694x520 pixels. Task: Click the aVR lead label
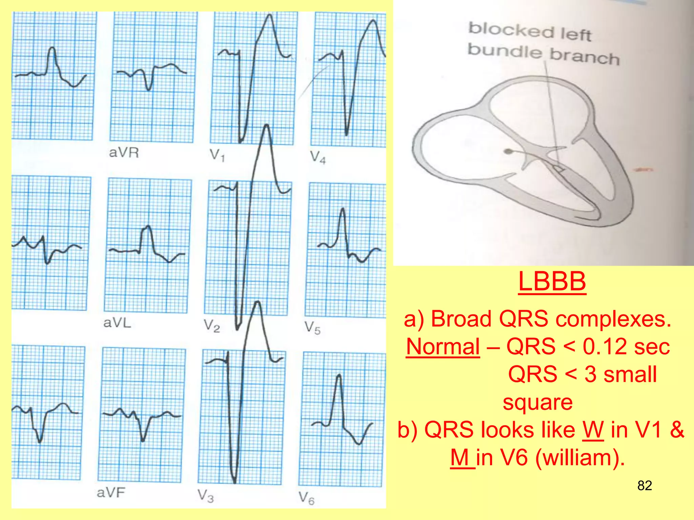point(124,153)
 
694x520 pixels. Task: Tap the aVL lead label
point(117,323)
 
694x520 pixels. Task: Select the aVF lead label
point(111,492)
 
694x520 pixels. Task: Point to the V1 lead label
point(217,155)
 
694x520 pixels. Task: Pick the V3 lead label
point(206,496)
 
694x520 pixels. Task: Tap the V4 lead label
point(318,157)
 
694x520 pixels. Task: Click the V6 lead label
point(306,498)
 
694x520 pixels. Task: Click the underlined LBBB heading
point(552,282)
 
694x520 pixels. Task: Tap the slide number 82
point(645,485)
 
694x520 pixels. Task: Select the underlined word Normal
point(443,347)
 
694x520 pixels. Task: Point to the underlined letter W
point(593,430)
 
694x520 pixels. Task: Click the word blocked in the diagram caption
point(511,30)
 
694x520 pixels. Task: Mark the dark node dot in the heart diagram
point(508,151)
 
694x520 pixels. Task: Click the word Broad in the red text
point(461,319)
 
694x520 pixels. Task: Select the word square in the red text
point(537,402)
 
